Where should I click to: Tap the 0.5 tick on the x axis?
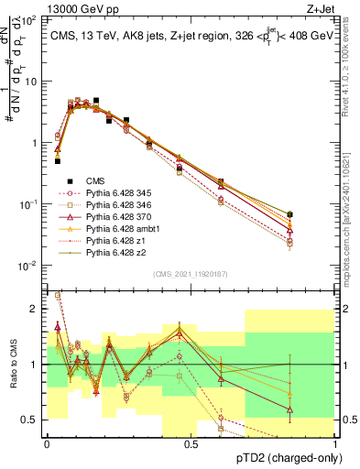(191, 444)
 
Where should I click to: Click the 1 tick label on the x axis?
(336, 444)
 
